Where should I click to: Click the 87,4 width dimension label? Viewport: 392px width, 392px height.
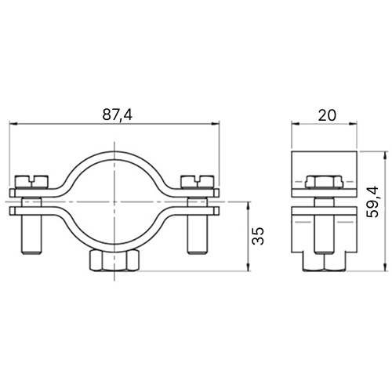pos(118,114)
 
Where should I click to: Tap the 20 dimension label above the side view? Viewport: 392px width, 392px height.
pos(327,115)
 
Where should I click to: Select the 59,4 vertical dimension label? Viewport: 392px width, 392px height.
pos(372,201)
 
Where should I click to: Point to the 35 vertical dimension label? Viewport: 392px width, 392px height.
pos(258,236)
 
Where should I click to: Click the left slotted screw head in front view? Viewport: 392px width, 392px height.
pos(32,182)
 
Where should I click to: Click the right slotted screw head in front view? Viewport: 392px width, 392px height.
pos(198,182)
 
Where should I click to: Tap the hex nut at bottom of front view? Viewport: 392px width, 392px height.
pos(114,260)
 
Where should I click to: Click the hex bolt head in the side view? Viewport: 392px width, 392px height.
pos(324,182)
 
